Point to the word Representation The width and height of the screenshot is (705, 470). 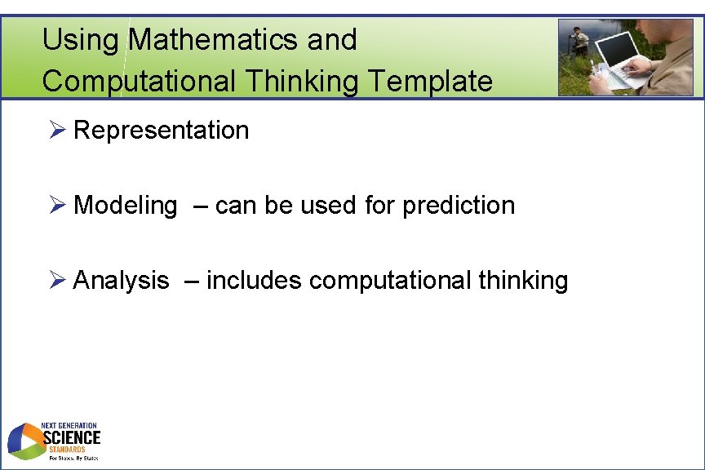click(161, 130)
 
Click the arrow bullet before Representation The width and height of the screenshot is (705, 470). click(55, 131)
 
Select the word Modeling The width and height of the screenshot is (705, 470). click(125, 206)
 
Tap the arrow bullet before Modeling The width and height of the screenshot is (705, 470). click(55, 206)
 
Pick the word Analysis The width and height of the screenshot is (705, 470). click(121, 281)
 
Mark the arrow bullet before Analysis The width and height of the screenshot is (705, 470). click(55, 281)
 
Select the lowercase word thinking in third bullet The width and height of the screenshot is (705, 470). click(523, 281)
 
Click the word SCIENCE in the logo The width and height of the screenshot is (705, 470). click(71, 437)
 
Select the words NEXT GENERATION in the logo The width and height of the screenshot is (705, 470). click(69, 425)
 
